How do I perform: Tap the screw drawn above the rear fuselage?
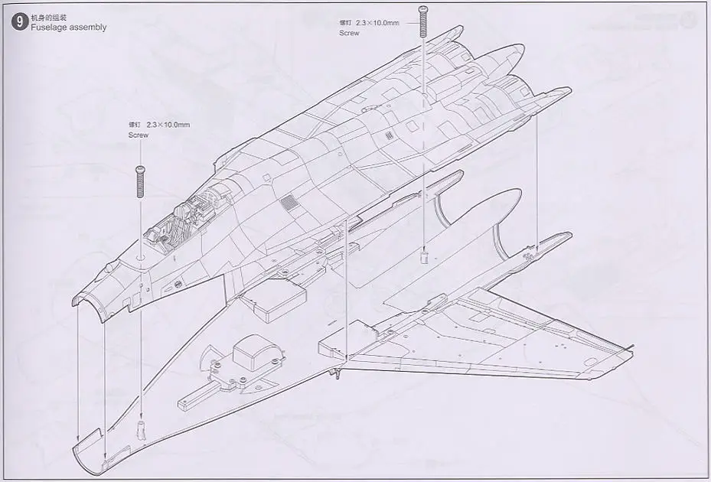tap(422, 20)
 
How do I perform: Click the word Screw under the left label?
tap(139, 135)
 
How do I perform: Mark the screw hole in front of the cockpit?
tap(141, 259)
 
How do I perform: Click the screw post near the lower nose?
tap(140, 426)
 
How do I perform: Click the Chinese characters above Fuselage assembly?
tap(45, 17)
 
